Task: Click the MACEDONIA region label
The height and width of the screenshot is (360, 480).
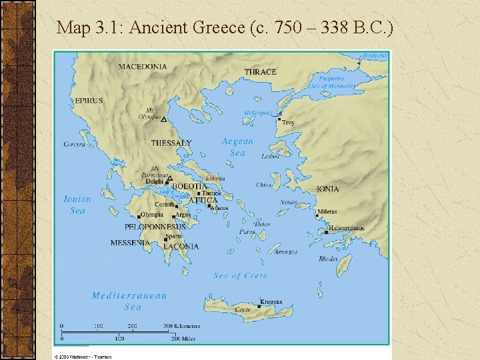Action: coord(143,66)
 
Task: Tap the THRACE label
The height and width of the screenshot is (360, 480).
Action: coord(260,72)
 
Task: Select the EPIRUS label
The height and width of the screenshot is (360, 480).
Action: coord(89,101)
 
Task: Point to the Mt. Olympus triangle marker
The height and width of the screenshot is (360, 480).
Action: coord(163,120)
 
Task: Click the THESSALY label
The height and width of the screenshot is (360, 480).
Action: coord(171,143)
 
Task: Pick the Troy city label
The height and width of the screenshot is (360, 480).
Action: coord(288,123)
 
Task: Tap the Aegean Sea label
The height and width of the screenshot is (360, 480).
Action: coord(237,147)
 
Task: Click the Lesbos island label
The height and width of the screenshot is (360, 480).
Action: coord(270,157)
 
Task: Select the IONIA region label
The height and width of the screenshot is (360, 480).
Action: coord(327,189)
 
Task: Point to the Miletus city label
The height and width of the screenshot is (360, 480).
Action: coord(327,211)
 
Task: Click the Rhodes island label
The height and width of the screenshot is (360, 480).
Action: coord(328,259)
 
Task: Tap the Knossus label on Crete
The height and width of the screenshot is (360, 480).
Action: coord(271,302)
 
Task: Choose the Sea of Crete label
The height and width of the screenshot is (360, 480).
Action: coord(240,275)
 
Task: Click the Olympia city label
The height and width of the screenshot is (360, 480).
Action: coord(152,215)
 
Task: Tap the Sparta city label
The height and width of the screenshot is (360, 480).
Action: coord(173,236)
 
